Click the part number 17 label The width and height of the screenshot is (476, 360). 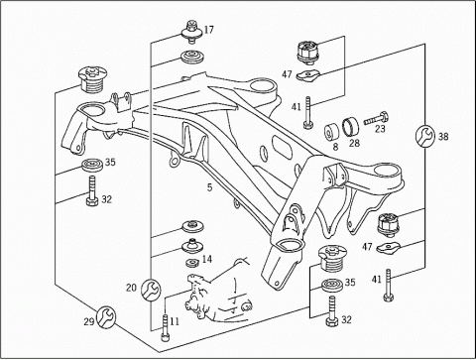[209, 30]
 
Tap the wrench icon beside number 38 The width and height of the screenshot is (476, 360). [425, 136]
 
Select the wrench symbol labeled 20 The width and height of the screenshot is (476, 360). [151, 290]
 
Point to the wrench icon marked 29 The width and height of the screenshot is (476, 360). [106, 316]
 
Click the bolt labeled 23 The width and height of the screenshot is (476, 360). [376, 119]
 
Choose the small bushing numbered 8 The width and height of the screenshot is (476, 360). [330, 132]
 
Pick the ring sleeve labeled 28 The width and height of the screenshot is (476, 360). [350, 128]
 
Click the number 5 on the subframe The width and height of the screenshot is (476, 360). [209, 187]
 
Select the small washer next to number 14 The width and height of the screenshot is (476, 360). [191, 263]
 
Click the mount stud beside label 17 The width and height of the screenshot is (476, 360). [191, 32]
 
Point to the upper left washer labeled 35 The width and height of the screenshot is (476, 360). [91, 165]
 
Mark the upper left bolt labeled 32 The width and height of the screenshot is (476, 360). [91, 191]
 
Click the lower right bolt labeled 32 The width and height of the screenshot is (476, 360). [331, 311]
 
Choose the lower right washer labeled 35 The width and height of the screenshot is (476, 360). [331, 285]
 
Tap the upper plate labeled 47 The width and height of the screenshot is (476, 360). [307, 75]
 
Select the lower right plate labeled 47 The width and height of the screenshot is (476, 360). [389, 247]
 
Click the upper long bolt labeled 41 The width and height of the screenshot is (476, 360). [308, 113]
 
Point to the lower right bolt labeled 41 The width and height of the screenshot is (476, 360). [389, 285]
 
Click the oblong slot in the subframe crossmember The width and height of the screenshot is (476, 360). [282, 148]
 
